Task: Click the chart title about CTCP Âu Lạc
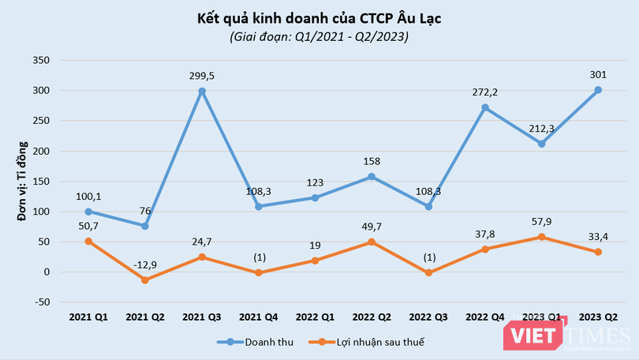coord(319,18)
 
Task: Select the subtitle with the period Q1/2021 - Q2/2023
coord(319,37)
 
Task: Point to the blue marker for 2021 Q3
coord(202,91)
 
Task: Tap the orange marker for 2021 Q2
coord(145,279)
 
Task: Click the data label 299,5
coord(202,75)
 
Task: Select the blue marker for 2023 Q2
coord(598,90)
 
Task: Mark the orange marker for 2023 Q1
coord(541,237)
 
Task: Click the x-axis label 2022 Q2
coord(372,317)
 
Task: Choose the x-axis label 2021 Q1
coord(88,317)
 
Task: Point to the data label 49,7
coord(372,227)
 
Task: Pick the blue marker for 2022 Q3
coord(428,206)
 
